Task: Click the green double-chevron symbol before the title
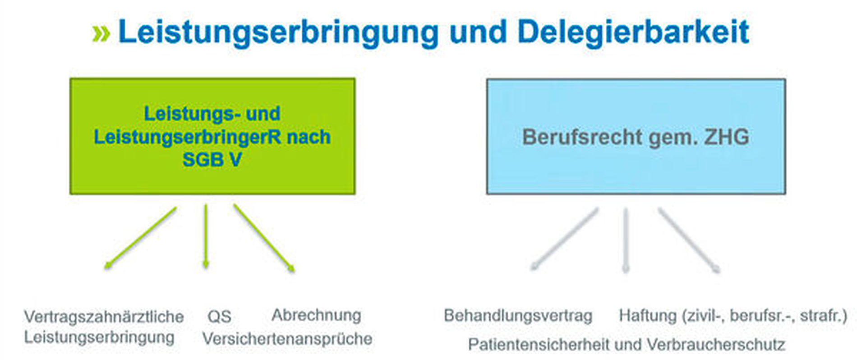click(101, 33)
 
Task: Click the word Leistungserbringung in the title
click(278, 32)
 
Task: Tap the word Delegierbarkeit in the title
click(633, 32)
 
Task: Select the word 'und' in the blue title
click(478, 32)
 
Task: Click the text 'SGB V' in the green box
click(212, 159)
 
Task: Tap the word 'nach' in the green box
click(309, 137)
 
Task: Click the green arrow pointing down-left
click(140, 238)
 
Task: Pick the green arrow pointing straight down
click(206, 236)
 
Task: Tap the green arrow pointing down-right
click(264, 238)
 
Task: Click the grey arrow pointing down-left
click(564, 239)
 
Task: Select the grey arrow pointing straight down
click(626, 240)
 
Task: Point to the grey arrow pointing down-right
click(689, 240)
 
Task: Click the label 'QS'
click(219, 316)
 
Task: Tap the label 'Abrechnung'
click(316, 315)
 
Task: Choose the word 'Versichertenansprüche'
click(287, 338)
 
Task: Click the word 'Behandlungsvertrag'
click(518, 315)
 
